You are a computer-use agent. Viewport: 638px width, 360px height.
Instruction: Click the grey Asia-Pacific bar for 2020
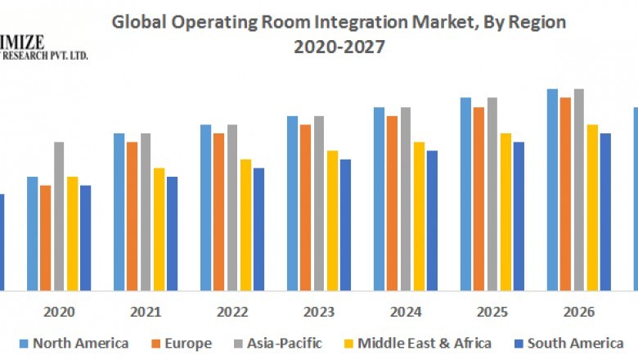pyautogui.click(x=59, y=216)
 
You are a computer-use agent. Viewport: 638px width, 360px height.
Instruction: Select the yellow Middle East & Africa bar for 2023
pyautogui.click(x=332, y=220)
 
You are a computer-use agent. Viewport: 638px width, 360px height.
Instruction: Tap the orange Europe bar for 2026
pyautogui.click(x=565, y=193)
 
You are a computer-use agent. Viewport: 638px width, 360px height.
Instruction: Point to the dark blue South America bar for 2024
pyautogui.click(x=432, y=220)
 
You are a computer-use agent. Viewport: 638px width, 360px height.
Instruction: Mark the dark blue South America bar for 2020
pyautogui.click(x=85, y=237)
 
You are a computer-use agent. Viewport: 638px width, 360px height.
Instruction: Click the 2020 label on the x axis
pyautogui.click(x=59, y=313)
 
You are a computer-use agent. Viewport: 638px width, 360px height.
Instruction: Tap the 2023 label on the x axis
pyautogui.click(x=319, y=313)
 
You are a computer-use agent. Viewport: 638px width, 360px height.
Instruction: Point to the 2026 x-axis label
pyautogui.click(x=579, y=313)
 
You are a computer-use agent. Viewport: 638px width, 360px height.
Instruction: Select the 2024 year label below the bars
pyautogui.click(x=406, y=313)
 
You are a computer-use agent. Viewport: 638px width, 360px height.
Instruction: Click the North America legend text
pyautogui.click(x=80, y=343)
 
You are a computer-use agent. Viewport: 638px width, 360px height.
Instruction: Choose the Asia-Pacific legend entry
pyautogui.click(x=283, y=343)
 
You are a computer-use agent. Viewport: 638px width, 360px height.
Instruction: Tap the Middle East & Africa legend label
pyautogui.click(x=425, y=343)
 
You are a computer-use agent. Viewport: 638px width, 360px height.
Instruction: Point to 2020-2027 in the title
pyautogui.click(x=339, y=47)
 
